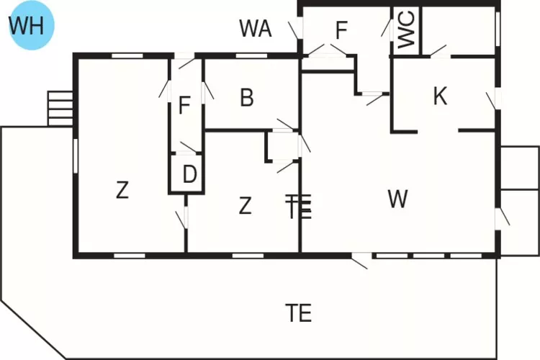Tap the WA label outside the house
[256, 28]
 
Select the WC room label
[406, 29]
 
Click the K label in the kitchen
[440, 96]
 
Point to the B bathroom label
[247, 97]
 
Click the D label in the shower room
[189, 174]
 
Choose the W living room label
[397, 199]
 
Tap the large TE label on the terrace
[299, 312]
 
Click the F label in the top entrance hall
[341, 30]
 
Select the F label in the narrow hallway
[184, 105]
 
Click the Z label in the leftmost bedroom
[122, 190]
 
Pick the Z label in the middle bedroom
[245, 206]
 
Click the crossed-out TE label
[299, 207]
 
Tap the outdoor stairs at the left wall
[60, 109]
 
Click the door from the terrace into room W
[359, 261]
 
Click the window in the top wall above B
[251, 55]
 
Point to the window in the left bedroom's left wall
[76, 156]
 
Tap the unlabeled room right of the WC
[459, 30]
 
